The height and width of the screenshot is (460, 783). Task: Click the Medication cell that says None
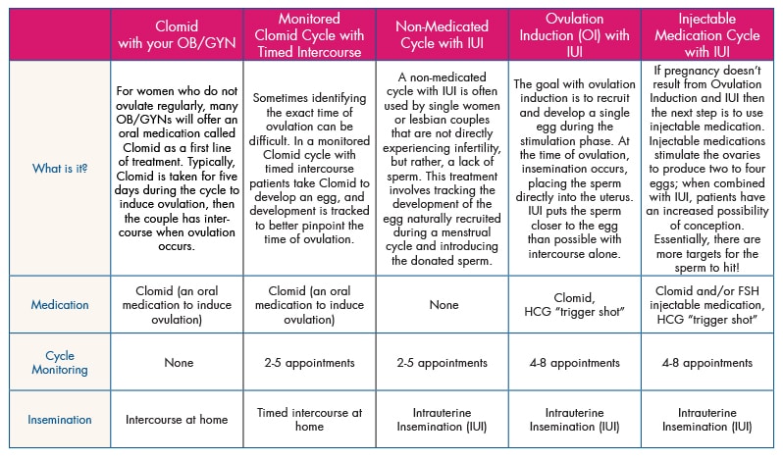point(443,305)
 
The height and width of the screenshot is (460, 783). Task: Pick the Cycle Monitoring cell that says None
point(177,362)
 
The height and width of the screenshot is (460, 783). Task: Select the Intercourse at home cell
point(177,420)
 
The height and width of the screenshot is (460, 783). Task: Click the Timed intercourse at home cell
point(310,420)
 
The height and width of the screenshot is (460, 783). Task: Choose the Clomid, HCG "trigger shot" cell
point(575,305)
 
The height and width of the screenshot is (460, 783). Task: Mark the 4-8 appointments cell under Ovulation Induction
point(575,362)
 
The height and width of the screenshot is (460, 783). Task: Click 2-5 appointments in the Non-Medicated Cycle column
point(443,362)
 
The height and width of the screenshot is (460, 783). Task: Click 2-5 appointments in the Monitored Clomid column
point(310,362)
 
